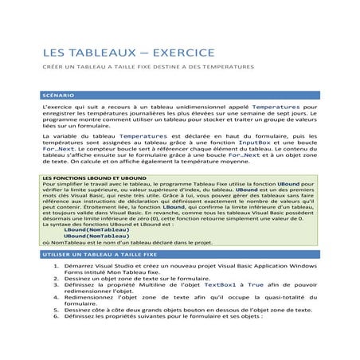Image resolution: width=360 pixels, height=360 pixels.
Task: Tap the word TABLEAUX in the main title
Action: (x=94, y=53)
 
